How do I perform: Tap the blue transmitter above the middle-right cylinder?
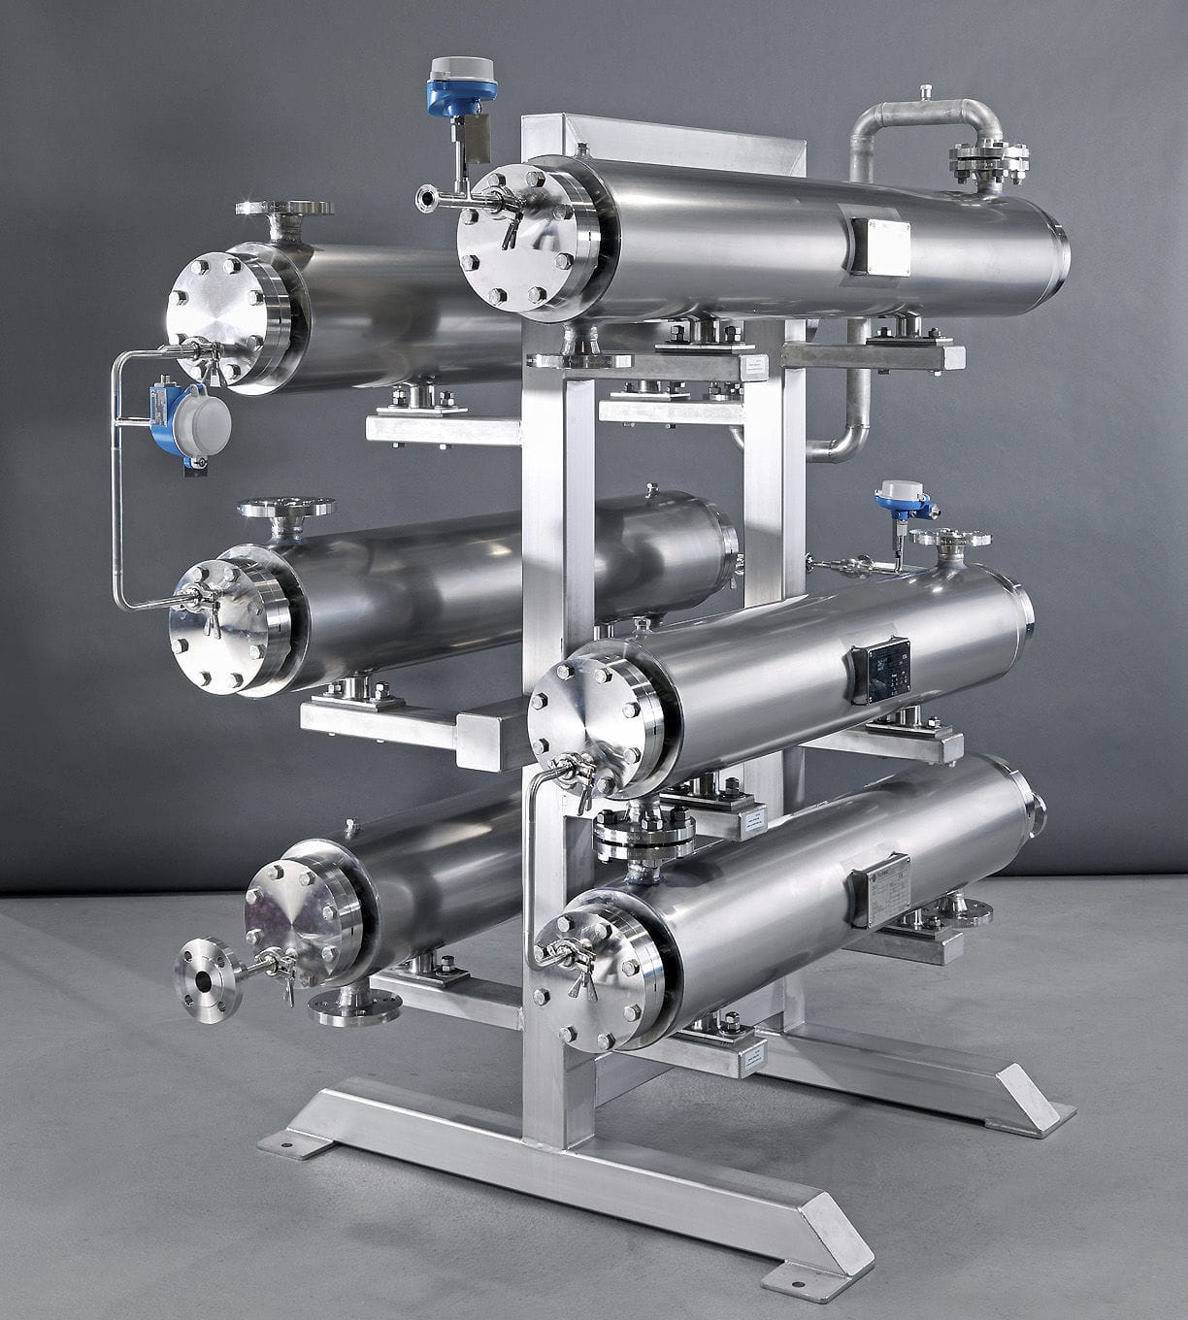pyautogui.click(x=900, y=499)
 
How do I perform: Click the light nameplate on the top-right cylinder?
pyautogui.click(x=880, y=247)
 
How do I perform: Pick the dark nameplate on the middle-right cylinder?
pyautogui.click(x=882, y=669)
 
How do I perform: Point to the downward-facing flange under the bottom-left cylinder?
pyautogui.click(x=355, y=1008)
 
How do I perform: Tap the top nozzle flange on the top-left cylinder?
pyautogui.click(x=284, y=209)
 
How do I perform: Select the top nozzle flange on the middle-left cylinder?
pyautogui.click(x=285, y=508)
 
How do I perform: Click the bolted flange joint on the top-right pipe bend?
pyautogui.click(x=989, y=162)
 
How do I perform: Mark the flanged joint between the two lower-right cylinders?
pyautogui.click(x=643, y=832)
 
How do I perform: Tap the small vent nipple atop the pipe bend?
pyautogui.click(x=925, y=91)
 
